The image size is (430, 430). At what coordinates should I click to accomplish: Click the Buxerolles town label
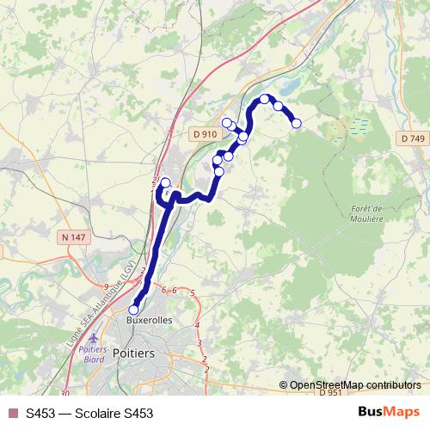click(150, 319)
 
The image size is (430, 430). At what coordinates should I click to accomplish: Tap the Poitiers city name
click(134, 353)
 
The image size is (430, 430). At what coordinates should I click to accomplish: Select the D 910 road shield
click(205, 134)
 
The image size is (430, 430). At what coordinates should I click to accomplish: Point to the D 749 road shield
click(413, 138)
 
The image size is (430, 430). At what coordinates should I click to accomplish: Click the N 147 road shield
click(75, 236)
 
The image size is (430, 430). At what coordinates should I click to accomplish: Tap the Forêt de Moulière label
click(366, 213)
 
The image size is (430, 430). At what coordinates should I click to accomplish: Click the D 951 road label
click(330, 393)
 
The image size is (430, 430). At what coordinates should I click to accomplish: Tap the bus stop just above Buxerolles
click(134, 310)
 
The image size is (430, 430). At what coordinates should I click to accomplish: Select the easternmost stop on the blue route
click(297, 124)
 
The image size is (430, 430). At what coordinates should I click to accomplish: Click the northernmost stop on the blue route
click(266, 99)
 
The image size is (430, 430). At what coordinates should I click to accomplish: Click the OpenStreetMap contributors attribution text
click(355, 385)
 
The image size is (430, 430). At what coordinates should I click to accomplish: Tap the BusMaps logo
click(389, 412)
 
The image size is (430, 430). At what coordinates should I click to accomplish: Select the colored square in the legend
click(12, 413)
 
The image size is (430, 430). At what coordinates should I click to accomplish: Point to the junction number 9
click(106, 286)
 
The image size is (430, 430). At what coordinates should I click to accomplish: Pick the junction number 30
click(65, 392)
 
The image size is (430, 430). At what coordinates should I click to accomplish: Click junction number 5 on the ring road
click(193, 294)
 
